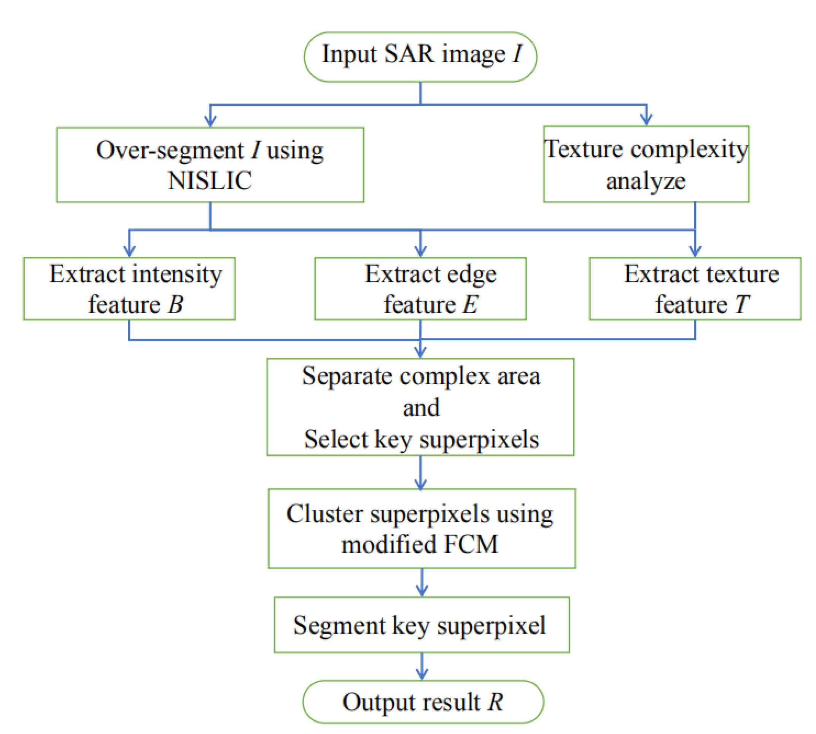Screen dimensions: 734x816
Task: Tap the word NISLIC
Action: (210, 180)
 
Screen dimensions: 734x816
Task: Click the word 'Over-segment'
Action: (170, 151)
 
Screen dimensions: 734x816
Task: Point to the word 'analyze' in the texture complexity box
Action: (645, 181)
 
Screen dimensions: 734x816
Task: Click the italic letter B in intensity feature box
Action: (175, 304)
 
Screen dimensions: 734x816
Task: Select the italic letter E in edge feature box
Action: (470, 304)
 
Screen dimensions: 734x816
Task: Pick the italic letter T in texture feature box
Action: (742, 304)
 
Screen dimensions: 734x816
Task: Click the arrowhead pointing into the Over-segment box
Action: (210, 121)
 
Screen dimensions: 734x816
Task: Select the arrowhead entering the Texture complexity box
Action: (646, 120)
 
